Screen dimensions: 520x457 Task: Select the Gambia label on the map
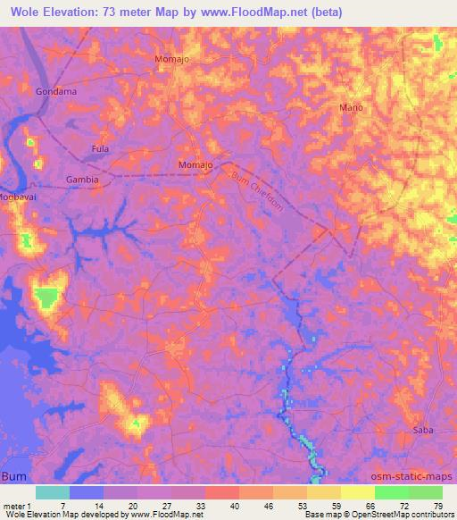[81, 180]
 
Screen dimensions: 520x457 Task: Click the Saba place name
[422, 431]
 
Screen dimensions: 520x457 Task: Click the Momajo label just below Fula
[195, 166]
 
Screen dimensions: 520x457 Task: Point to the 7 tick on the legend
[70, 505]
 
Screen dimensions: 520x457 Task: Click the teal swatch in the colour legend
[53, 492]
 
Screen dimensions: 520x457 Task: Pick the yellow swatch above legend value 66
[358, 492]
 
